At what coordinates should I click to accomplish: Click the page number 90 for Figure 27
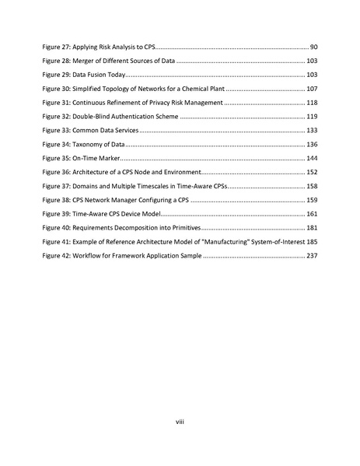pyautogui.click(x=313, y=47)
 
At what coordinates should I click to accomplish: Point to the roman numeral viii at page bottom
pyautogui.click(x=180, y=422)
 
